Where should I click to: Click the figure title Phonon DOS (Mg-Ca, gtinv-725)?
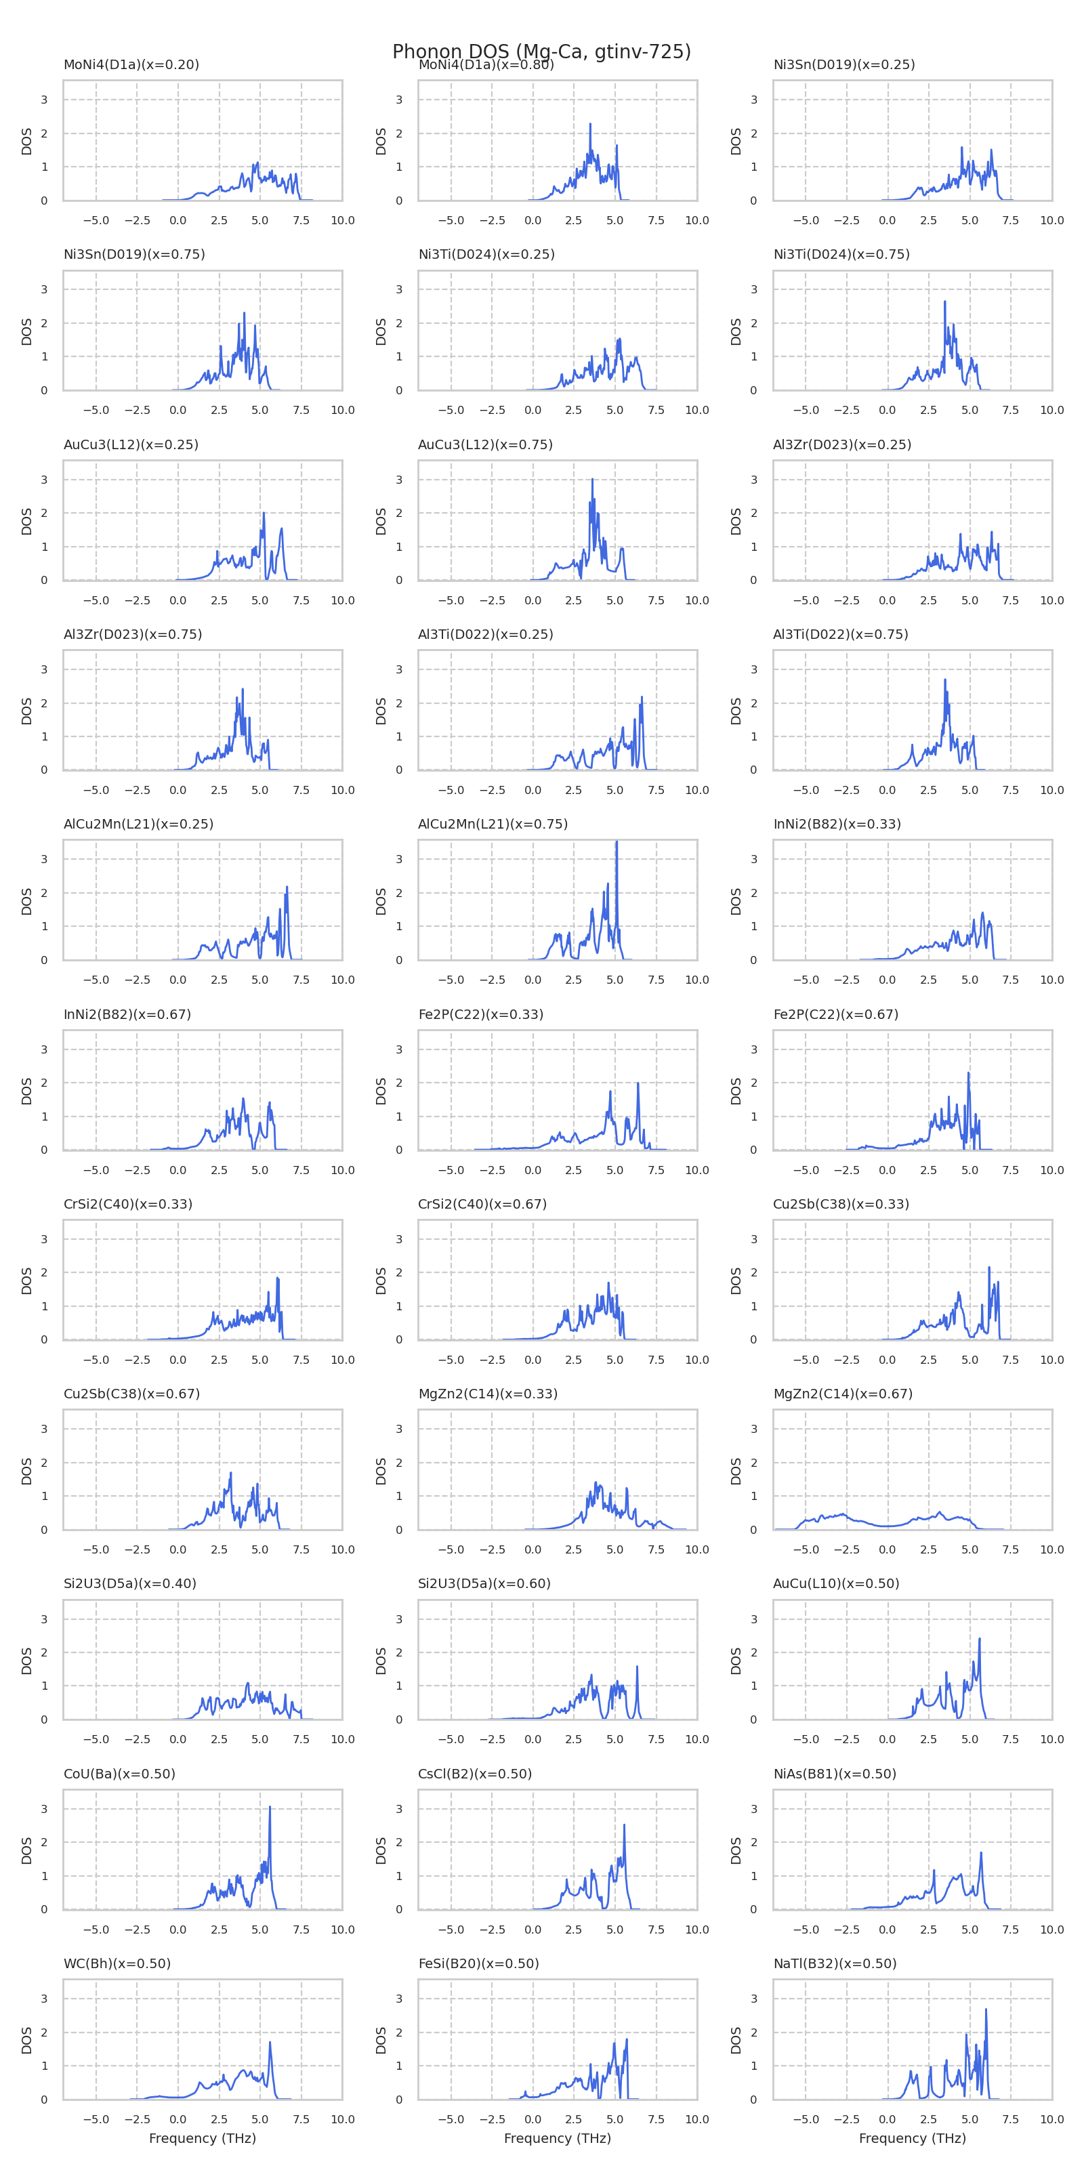[541, 52]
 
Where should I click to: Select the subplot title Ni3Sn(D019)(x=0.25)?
[843, 65]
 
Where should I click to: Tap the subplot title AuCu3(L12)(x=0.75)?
[485, 444]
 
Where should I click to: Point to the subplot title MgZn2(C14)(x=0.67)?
[842, 1394]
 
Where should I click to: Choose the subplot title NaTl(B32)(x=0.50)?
[835, 1963]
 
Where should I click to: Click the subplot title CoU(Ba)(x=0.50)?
[119, 1773]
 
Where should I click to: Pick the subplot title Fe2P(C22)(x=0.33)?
[480, 1014]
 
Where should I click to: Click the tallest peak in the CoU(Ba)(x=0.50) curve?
[270, 1806]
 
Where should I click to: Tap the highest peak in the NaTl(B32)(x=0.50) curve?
[986, 2009]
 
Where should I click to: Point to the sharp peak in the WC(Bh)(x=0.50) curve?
[270, 2042]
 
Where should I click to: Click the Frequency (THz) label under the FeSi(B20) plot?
[557, 2139]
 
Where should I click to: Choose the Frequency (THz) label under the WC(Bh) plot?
[202, 2139]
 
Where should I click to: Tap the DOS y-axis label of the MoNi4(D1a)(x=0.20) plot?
[26, 140]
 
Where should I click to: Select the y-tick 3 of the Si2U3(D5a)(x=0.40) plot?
[45, 1619]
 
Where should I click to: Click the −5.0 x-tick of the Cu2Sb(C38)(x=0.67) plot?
[96, 1549]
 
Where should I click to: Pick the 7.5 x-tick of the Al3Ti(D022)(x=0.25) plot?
[656, 790]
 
